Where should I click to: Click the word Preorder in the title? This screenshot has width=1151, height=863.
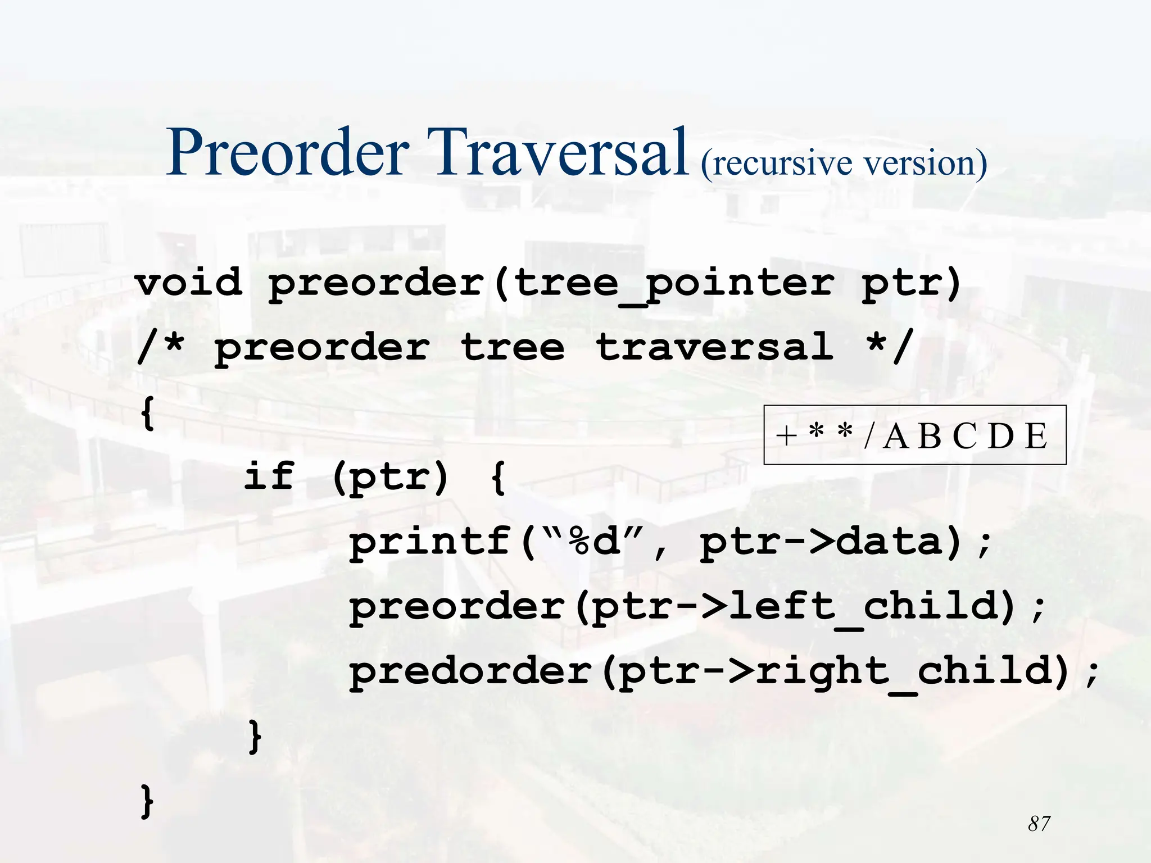click(x=287, y=153)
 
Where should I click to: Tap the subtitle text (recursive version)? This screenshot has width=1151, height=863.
click(x=844, y=163)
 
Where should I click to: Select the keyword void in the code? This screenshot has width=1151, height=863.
click(x=189, y=282)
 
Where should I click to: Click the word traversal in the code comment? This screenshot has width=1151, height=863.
click(x=714, y=347)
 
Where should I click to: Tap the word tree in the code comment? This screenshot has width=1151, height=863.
click(x=512, y=347)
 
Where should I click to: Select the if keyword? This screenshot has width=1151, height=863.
click(x=269, y=476)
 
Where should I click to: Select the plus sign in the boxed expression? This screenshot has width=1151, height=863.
click(x=787, y=436)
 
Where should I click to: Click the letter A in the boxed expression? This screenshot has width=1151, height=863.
click(x=896, y=436)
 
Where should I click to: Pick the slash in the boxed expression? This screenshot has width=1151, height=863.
click(x=869, y=436)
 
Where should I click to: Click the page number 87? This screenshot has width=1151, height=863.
click(x=1039, y=824)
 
